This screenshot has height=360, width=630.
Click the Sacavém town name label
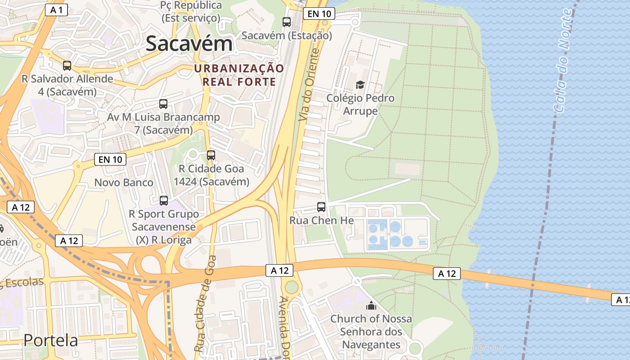[x=189, y=44]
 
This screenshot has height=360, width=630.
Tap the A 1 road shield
[x=56, y=10]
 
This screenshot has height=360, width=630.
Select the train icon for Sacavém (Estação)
[x=287, y=22]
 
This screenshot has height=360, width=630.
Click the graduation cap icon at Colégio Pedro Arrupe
[x=360, y=85]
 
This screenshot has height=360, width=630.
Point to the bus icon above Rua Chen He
[x=321, y=207]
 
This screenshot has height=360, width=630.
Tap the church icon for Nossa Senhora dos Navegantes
[x=371, y=306]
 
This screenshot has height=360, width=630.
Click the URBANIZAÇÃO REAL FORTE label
[x=239, y=75]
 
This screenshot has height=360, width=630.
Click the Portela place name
[x=51, y=340]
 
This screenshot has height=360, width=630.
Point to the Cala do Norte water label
[x=564, y=61]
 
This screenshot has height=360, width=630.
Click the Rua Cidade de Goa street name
[x=205, y=304]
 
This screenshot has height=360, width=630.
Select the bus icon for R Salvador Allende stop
[x=67, y=66]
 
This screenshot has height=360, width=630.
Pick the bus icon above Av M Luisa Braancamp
[x=163, y=104]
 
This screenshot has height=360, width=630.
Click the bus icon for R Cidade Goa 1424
[x=211, y=155]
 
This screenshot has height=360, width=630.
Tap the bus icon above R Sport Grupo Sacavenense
[x=164, y=201]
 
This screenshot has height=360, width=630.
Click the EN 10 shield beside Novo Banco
[x=110, y=159]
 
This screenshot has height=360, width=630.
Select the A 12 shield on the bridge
[x=447, y=273]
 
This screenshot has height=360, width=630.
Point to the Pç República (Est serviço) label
[x=191, y=12]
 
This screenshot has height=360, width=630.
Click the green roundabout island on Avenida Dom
[x=292, y=287]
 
